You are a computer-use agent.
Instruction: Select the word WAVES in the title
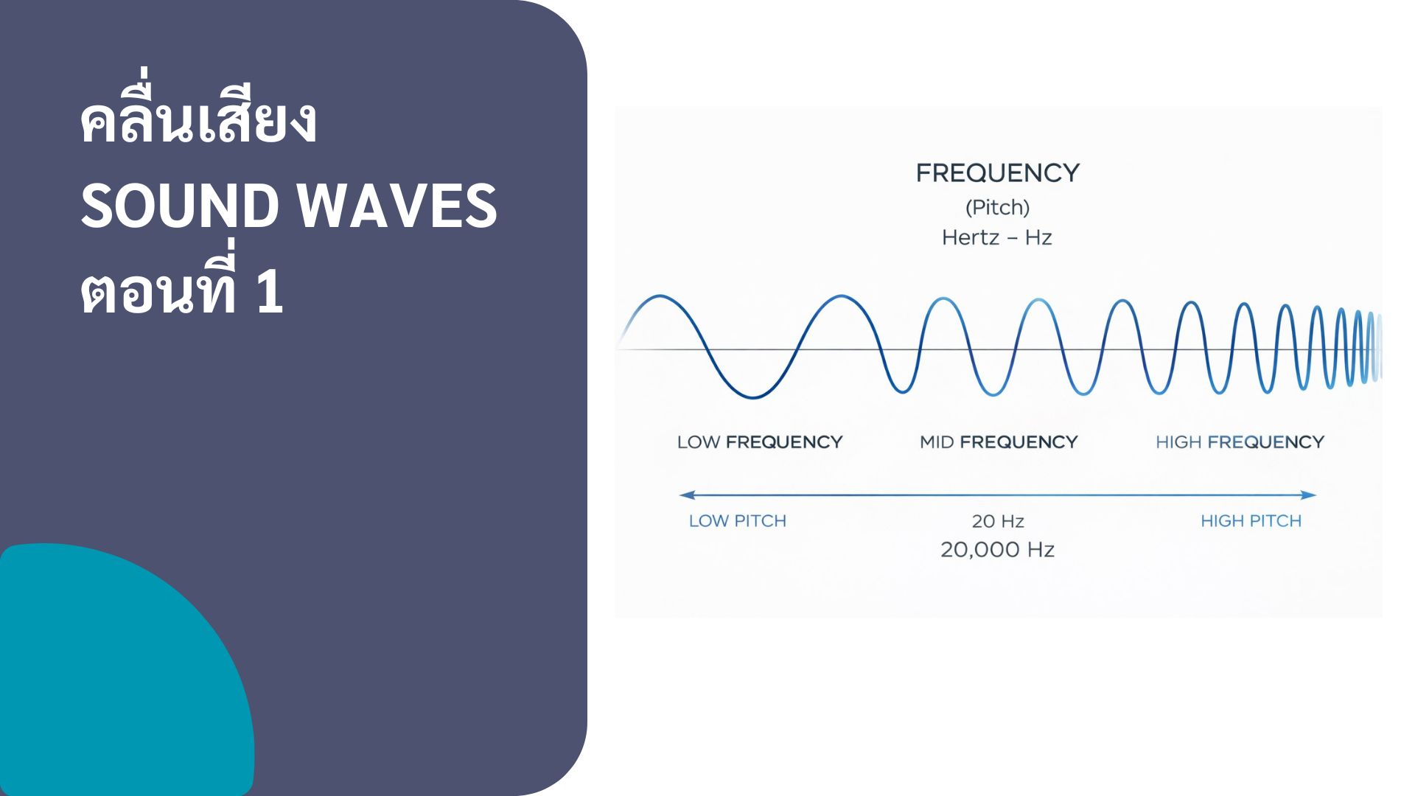pos(398,206)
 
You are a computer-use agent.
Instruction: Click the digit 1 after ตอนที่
pos(270,292)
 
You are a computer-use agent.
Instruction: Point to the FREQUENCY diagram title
pos(997,173)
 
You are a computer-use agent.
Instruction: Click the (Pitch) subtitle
pos(997,208)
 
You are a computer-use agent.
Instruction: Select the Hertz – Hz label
pos(997,238)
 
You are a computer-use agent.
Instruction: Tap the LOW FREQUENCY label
pos(759,442)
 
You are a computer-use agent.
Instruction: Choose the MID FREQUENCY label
pos(999,442)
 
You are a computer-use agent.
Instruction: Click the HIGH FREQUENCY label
pos(1240,442)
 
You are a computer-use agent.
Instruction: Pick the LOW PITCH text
pos(737,521)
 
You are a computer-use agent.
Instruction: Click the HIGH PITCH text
pos(1251,521)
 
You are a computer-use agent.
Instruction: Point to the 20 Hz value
pos(998,522)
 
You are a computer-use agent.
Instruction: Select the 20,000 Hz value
pos(997,550)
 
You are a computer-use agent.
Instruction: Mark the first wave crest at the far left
pos(660,297)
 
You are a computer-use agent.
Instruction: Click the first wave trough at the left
pos(753,397)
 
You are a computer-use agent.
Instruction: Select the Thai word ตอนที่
pos(158,292)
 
